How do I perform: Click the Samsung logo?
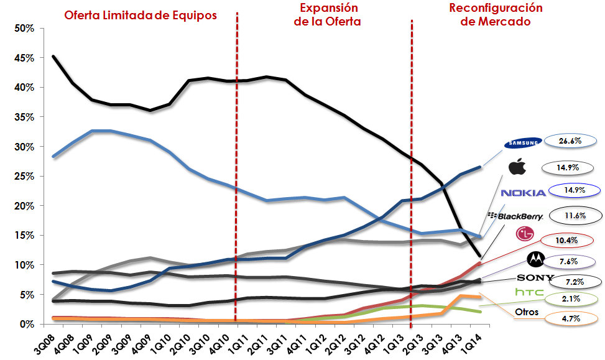point(522,143)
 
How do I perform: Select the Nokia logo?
point(523,193)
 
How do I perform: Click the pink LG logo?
point(525,234)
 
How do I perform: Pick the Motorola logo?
point(534,259)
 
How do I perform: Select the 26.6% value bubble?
point(570,141)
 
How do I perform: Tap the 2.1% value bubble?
point(571,298)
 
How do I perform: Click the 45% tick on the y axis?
point(23,58)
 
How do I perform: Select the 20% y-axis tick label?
point(23,206)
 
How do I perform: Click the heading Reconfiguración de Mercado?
point(496,15)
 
